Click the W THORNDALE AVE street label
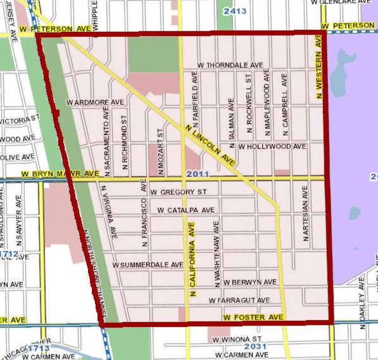(230, 65)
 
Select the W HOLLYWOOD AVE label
(272, 146)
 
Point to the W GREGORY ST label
(179, 192)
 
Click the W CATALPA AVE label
(186, 210)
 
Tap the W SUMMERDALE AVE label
(148, 264)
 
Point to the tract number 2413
(235, 10)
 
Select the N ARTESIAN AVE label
(306, 219)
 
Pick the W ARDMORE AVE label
(95, 101)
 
